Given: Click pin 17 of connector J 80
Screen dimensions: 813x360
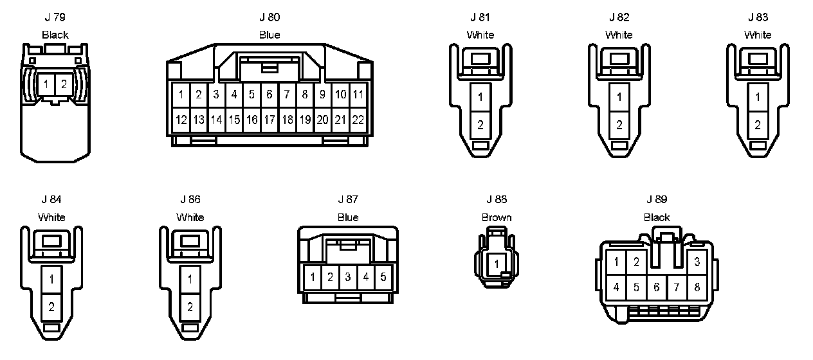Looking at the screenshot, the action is tap(269, 120).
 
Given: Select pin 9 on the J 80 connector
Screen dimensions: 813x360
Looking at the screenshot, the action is tap(322, 94).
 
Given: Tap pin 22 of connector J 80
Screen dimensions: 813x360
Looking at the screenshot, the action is tap(358, 120).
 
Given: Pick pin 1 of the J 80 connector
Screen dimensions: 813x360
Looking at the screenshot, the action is tap(181, 94).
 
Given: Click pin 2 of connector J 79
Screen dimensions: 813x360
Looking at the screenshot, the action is tap(64, 84).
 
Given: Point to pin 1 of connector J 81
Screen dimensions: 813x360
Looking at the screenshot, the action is tap(480, 97).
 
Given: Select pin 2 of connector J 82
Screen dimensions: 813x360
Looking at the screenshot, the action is tap(619, 125).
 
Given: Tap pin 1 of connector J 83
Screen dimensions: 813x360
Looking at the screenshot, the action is tap(758, 97).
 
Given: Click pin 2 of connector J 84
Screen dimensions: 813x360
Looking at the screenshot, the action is tap(51, 307).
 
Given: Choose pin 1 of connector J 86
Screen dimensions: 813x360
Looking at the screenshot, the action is tap(190, 279).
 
